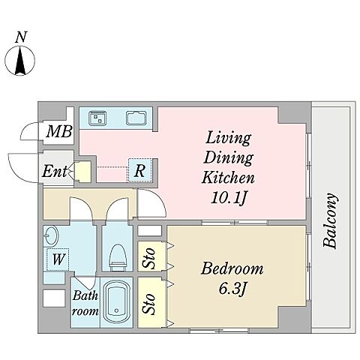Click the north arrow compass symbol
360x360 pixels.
(x=20, y=60)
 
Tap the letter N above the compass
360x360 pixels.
(x=21, y=37)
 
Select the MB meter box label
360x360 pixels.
(x=59, y=131)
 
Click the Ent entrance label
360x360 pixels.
(x=55, y=172)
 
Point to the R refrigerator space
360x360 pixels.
(x=139, y=170)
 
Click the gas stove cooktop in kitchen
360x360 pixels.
(x=97, y=118)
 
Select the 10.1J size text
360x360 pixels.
(x=229, y=198)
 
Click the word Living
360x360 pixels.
(x=228, y=138)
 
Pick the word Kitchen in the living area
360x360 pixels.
(x=228, y=178)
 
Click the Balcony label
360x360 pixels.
(x=330, y=220)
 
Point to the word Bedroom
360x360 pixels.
(x=232, y=268)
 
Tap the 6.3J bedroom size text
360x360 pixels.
(x=233, y=289)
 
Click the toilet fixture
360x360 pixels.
(x=118, y=257)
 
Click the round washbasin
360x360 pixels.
(x=51, y=235)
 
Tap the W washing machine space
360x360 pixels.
(x=58, y=259)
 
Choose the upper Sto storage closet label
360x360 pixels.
(x=149, y=258)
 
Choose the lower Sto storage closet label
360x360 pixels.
(x=149, y=304)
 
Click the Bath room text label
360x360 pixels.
(x=85, y=304)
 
